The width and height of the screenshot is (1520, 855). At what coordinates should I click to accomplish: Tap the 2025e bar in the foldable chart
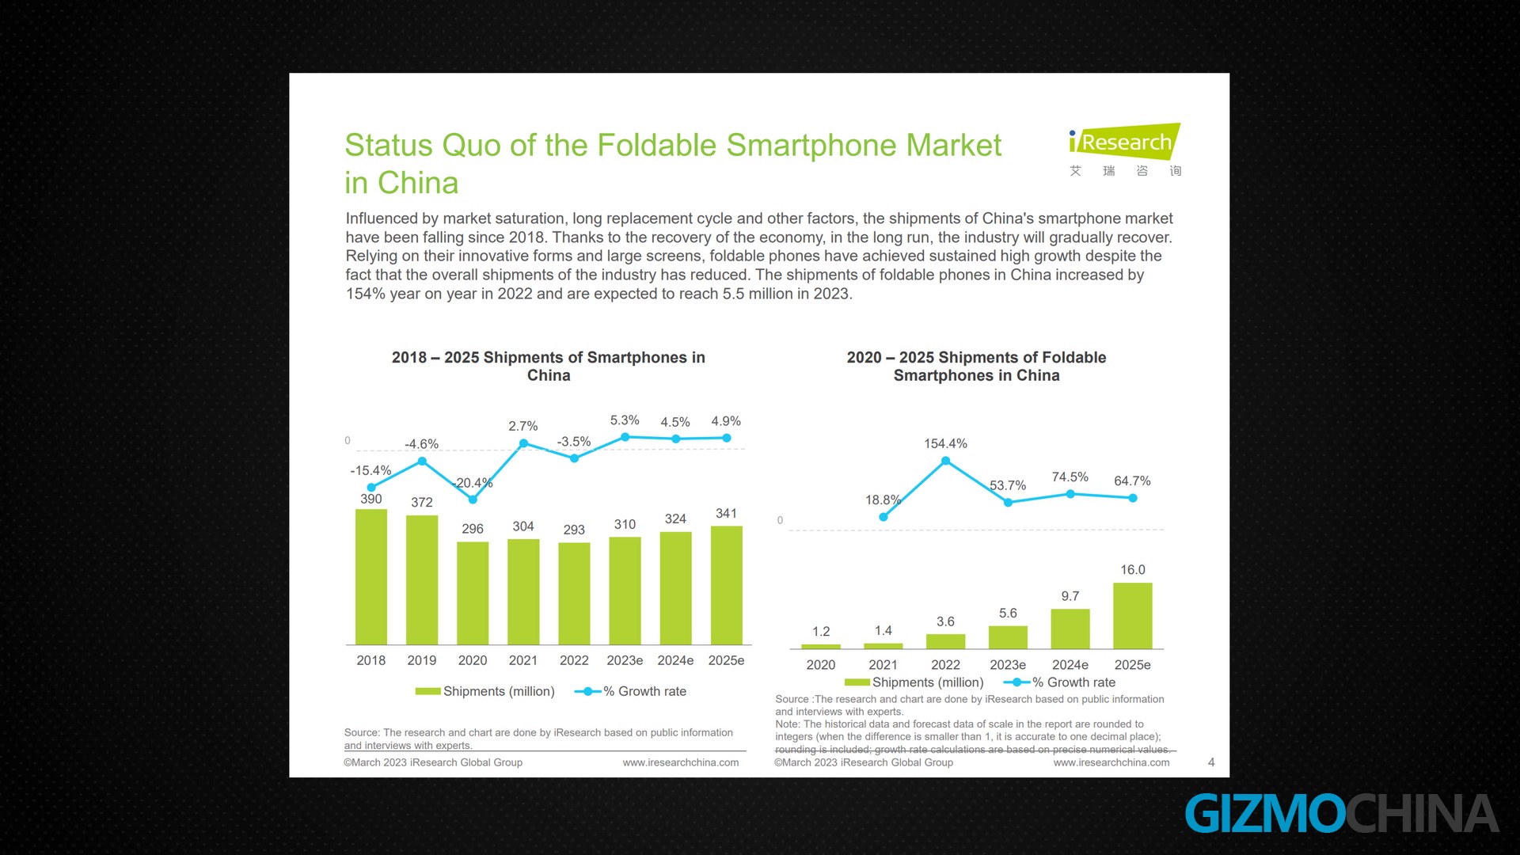pos(1132,616)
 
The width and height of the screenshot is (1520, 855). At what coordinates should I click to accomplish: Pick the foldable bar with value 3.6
pos(945,641)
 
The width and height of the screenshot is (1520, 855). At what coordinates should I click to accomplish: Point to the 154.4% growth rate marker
pos(945,461)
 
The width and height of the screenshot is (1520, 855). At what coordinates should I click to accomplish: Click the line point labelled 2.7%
pos(523,443)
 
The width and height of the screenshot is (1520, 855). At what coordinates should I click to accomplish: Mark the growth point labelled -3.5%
pos(574,458)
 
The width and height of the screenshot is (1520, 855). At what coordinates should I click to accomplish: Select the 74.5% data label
pos(1070,477)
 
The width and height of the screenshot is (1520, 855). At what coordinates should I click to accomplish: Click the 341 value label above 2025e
pos(726,513)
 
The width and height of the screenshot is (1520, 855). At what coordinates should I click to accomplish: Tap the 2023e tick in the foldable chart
pos(1007,665)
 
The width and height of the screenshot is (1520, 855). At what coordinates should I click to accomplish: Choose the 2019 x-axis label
pos(421,660)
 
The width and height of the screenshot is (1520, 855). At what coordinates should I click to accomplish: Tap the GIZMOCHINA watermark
pos(1341,814)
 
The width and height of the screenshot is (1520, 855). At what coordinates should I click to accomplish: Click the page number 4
pos(1210,762)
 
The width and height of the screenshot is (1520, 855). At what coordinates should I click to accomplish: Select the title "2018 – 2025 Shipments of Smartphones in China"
pos(548,366)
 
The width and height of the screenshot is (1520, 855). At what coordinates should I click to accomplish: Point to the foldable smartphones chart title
pos(976,366)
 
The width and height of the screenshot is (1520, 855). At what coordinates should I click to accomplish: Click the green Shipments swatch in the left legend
pos(427,691)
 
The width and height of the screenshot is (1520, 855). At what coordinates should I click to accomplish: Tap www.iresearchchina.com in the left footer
pos(680,762)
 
